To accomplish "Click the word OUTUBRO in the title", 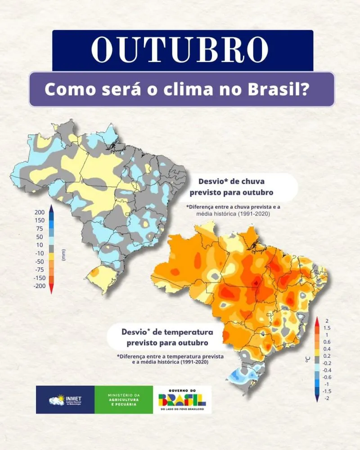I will (x=182, y=49).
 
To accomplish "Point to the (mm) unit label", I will (x=63, y=255).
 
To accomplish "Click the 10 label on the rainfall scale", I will (x=40, y=245).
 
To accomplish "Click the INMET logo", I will (x=65, y=399).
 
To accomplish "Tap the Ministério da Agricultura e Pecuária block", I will (x=124, y=399).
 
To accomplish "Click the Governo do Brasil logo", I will (x=182, y=399).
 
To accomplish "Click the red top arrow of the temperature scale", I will (x=318, y=319).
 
